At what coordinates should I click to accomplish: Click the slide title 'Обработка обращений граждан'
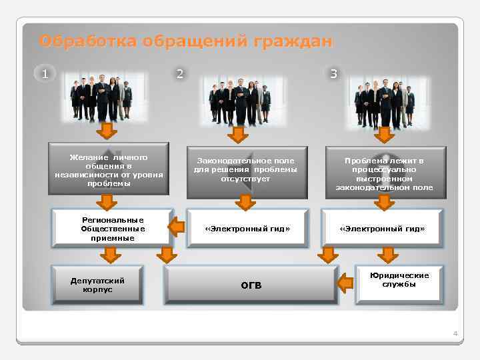tap(185, 41)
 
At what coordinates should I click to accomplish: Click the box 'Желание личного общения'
tap(109, 171)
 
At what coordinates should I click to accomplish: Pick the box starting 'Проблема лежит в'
tap(384, 173)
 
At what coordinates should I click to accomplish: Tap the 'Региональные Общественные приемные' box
tap(109, 228)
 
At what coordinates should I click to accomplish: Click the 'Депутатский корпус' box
tap(97, 285)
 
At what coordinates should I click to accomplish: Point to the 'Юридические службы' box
tap(399, 281)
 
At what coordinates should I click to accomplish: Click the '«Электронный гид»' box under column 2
tap(247, 228)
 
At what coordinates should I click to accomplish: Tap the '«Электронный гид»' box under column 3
tap(382, 228)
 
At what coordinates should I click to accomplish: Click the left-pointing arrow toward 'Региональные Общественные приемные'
tap(176, 228)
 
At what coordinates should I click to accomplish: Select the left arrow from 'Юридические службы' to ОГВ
tap(345, 284)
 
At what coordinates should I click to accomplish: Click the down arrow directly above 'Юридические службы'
tap(387, 254)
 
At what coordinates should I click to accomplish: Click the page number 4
tap(455, 333)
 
